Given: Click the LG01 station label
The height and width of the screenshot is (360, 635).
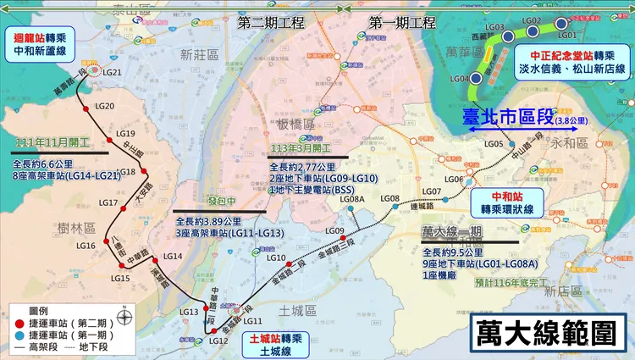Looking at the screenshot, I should coord(566,36).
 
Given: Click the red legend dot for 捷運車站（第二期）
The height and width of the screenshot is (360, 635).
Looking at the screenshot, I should coord(19,322).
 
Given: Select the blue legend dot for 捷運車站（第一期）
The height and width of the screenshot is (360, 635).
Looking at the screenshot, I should coord(19,334).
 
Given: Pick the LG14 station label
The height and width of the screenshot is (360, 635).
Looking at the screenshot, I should coord(172,257).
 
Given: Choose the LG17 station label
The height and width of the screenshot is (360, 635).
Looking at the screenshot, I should coord(108,203).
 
